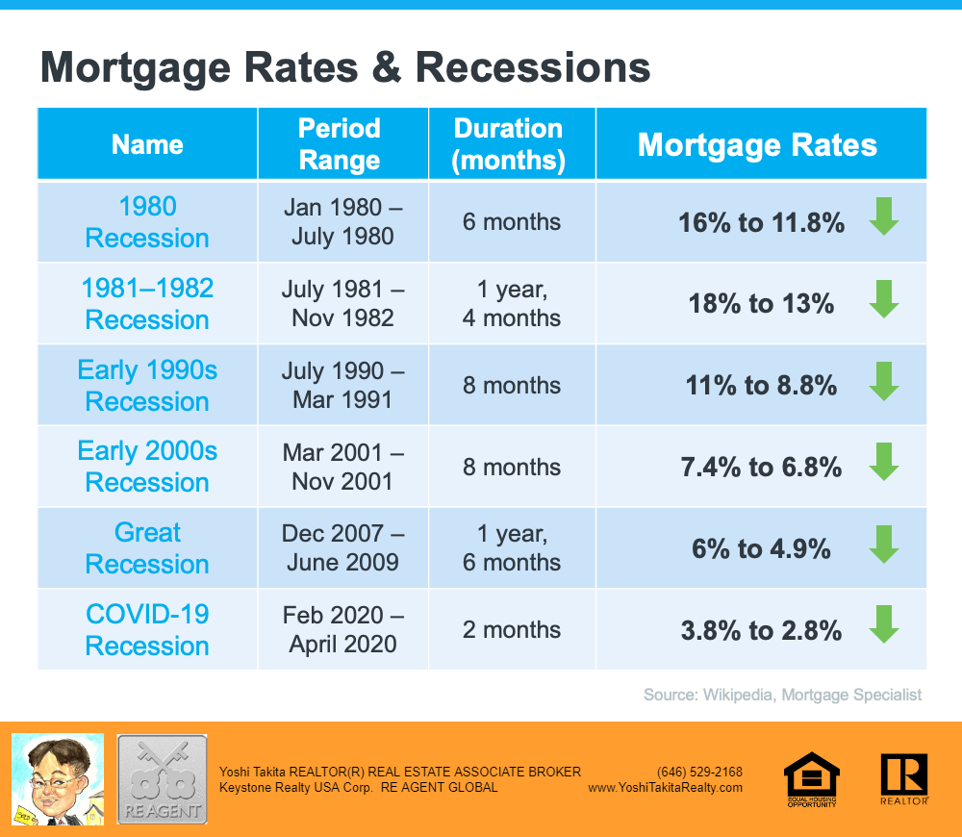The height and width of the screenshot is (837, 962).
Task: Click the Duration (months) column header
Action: pyautogui.click(x=510, y=143)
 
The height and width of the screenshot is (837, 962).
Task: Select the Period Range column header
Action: pyautogui.click(x=340, y=143)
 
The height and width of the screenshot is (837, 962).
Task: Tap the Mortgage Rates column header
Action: pyautogui.click(x=758, y=144)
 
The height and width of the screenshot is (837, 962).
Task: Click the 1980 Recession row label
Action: pyautogui.click(x=147, y=222)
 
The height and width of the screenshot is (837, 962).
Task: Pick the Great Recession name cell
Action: pyautogui.click(x=147, y=548)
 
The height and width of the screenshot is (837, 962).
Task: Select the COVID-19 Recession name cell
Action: pyautogui.click(x=147, y=630)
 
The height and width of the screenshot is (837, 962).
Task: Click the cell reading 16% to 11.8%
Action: pyautogui.click(x=761, y=223)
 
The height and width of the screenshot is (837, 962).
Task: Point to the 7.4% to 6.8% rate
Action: pyautogui.click(x=761, y=468)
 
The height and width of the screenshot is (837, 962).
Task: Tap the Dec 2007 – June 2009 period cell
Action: pyautogui.click(x=342, y=548)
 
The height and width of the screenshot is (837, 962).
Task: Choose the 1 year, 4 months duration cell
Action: pyautogui.click(x=511, y=304)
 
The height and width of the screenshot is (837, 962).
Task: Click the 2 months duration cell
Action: pyautogui.click(x=511, y=630)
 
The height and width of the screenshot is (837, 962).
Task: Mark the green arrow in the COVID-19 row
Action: pyautogui.click(x=883, y=625)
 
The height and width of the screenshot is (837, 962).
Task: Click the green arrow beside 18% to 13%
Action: pyautogui.click(x=883, y=299)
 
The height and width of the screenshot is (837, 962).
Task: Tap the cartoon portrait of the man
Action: pyautogui.click(x=57, y=777)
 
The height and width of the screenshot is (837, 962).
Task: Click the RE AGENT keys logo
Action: pyautogui.click(x=162, y=778)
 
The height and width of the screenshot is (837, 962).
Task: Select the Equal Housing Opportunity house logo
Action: pyautogui.click(x=812, y=778)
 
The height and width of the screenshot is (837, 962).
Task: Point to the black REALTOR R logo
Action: pyautogui.click(x=903, y=778)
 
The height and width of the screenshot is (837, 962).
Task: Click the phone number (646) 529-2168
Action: pyautogui.click(x=699, y=772)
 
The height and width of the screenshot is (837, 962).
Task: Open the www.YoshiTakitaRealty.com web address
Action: pyautogui.click(x=665, y=787)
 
